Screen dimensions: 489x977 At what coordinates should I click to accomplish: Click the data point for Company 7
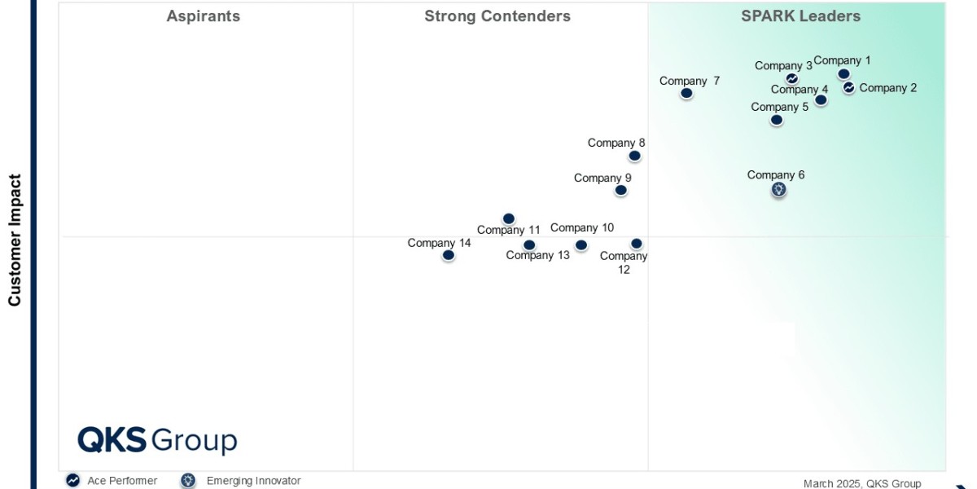pos(686,93)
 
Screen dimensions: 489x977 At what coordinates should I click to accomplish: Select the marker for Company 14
pos(448,255)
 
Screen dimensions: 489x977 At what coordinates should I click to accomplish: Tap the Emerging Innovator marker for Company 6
pos(779,190)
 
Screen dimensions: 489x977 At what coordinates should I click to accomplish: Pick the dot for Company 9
pos(620,190)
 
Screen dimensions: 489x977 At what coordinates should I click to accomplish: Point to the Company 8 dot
pos(634,156)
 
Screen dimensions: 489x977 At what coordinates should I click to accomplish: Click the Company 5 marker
pos(777,120)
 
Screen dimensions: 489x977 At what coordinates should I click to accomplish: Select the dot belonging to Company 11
pos(509,218)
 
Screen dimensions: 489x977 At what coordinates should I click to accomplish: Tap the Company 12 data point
pos(637,244)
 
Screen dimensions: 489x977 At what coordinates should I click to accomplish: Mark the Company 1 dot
pos(843,74)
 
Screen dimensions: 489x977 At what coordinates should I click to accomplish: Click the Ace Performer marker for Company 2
pos(848,87)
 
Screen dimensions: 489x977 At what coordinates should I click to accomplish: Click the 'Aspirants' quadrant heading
pos(204,16)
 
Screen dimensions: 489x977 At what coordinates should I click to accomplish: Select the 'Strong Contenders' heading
pos(497,16)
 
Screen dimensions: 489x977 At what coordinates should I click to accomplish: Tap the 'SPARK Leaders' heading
pos(800,16)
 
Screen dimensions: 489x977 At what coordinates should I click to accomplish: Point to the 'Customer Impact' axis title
pos(15,240)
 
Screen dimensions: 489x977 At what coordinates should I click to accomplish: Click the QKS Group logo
pos(157,440)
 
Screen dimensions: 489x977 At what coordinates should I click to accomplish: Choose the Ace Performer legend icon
pos(73,481)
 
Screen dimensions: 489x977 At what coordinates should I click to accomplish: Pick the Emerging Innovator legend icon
pos(188,481)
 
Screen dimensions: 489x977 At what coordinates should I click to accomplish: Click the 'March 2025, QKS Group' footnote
pos(861,483)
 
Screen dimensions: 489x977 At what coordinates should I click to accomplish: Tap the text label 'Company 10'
pos(582,228)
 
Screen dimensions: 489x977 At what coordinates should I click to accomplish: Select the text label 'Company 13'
pos(538,256)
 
